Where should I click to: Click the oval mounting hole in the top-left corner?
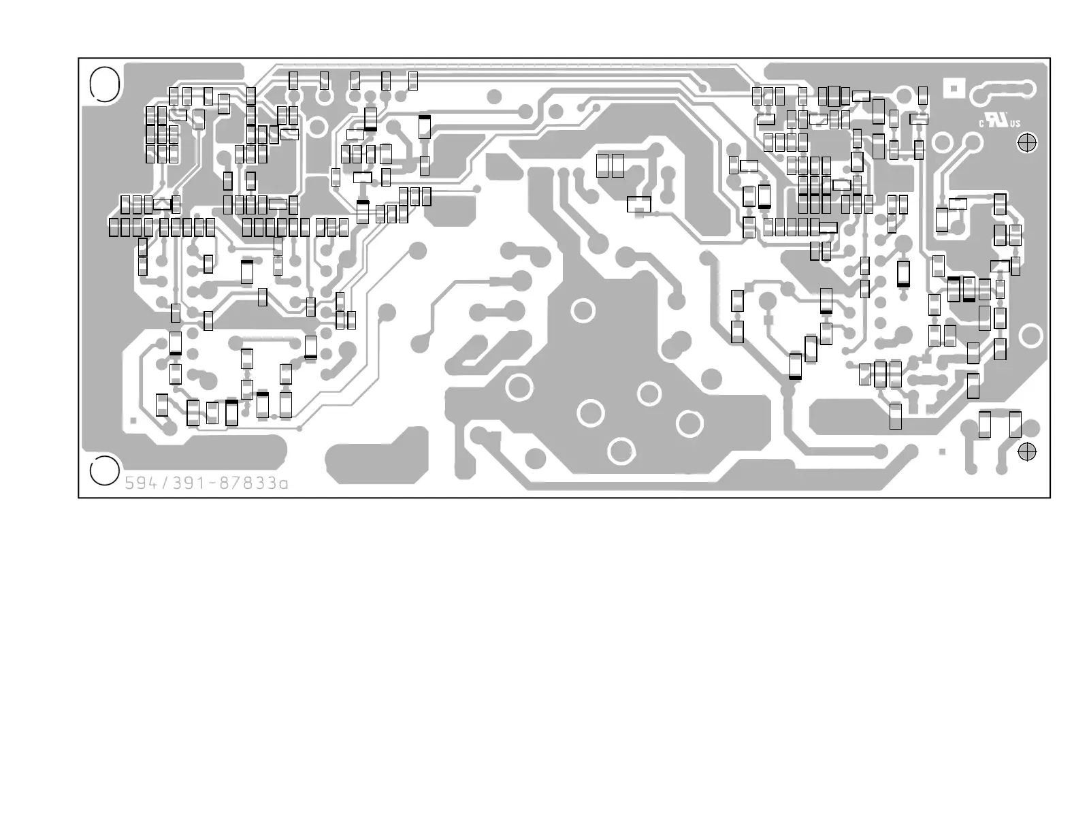105,84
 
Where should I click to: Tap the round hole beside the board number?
103,471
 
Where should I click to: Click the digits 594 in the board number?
140,483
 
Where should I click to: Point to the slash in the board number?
163,483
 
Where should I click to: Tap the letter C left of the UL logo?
982,124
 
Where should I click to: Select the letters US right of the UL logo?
1015,124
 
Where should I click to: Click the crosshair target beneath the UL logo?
1026,143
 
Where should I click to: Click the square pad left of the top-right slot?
954,87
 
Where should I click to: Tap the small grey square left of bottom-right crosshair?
943,451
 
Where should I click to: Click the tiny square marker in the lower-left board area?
133,421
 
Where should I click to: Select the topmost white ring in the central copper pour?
583,310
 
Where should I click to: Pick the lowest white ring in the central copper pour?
621,451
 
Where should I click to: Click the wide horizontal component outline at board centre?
638,204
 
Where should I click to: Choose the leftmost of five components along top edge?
293,80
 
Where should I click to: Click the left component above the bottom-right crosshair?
984,424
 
